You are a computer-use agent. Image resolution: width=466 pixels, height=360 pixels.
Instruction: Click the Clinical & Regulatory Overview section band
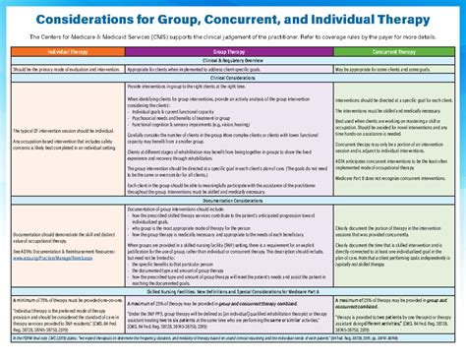pos(233,61)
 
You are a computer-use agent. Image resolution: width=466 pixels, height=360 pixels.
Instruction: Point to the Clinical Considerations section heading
pos(233,79)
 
